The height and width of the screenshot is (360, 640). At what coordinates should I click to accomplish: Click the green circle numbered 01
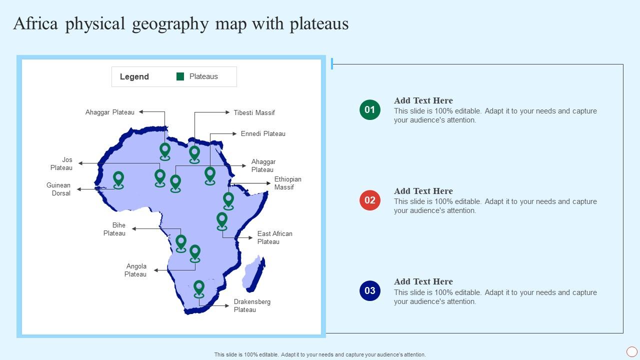[370, 110]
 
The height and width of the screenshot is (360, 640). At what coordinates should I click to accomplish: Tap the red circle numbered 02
[370, 200]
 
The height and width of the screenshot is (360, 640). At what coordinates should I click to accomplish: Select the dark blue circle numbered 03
[370, 291]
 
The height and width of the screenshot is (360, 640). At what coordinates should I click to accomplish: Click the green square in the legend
[180, 76]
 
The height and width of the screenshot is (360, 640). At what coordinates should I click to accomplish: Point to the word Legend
[134, 76]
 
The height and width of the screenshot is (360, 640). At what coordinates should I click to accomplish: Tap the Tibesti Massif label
[254, 112]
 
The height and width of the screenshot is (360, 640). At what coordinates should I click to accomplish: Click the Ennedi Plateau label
[263, 133]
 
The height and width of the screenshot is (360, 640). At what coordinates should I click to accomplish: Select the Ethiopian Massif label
[287, 183]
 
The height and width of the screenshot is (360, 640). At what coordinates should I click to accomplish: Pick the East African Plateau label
[274, 237]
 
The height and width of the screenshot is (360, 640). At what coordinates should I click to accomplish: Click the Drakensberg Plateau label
[252, 305]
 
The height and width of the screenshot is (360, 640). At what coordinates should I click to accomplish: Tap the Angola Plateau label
[135, 270]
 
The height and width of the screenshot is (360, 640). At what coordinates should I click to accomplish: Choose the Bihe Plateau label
[114, 229]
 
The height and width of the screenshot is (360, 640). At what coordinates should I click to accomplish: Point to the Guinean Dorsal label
[59, 189]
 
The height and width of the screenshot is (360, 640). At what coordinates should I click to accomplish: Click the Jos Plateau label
[62, 163]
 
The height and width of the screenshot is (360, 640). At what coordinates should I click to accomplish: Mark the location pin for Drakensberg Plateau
[199, 288]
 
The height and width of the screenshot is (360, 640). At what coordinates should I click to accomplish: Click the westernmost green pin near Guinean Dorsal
[118, 179]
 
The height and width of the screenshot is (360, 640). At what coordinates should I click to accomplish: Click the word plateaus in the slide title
[319, 24]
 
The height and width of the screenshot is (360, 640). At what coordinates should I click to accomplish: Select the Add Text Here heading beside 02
[423, 191]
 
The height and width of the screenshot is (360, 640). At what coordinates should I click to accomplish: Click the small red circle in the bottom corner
[632, 351]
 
